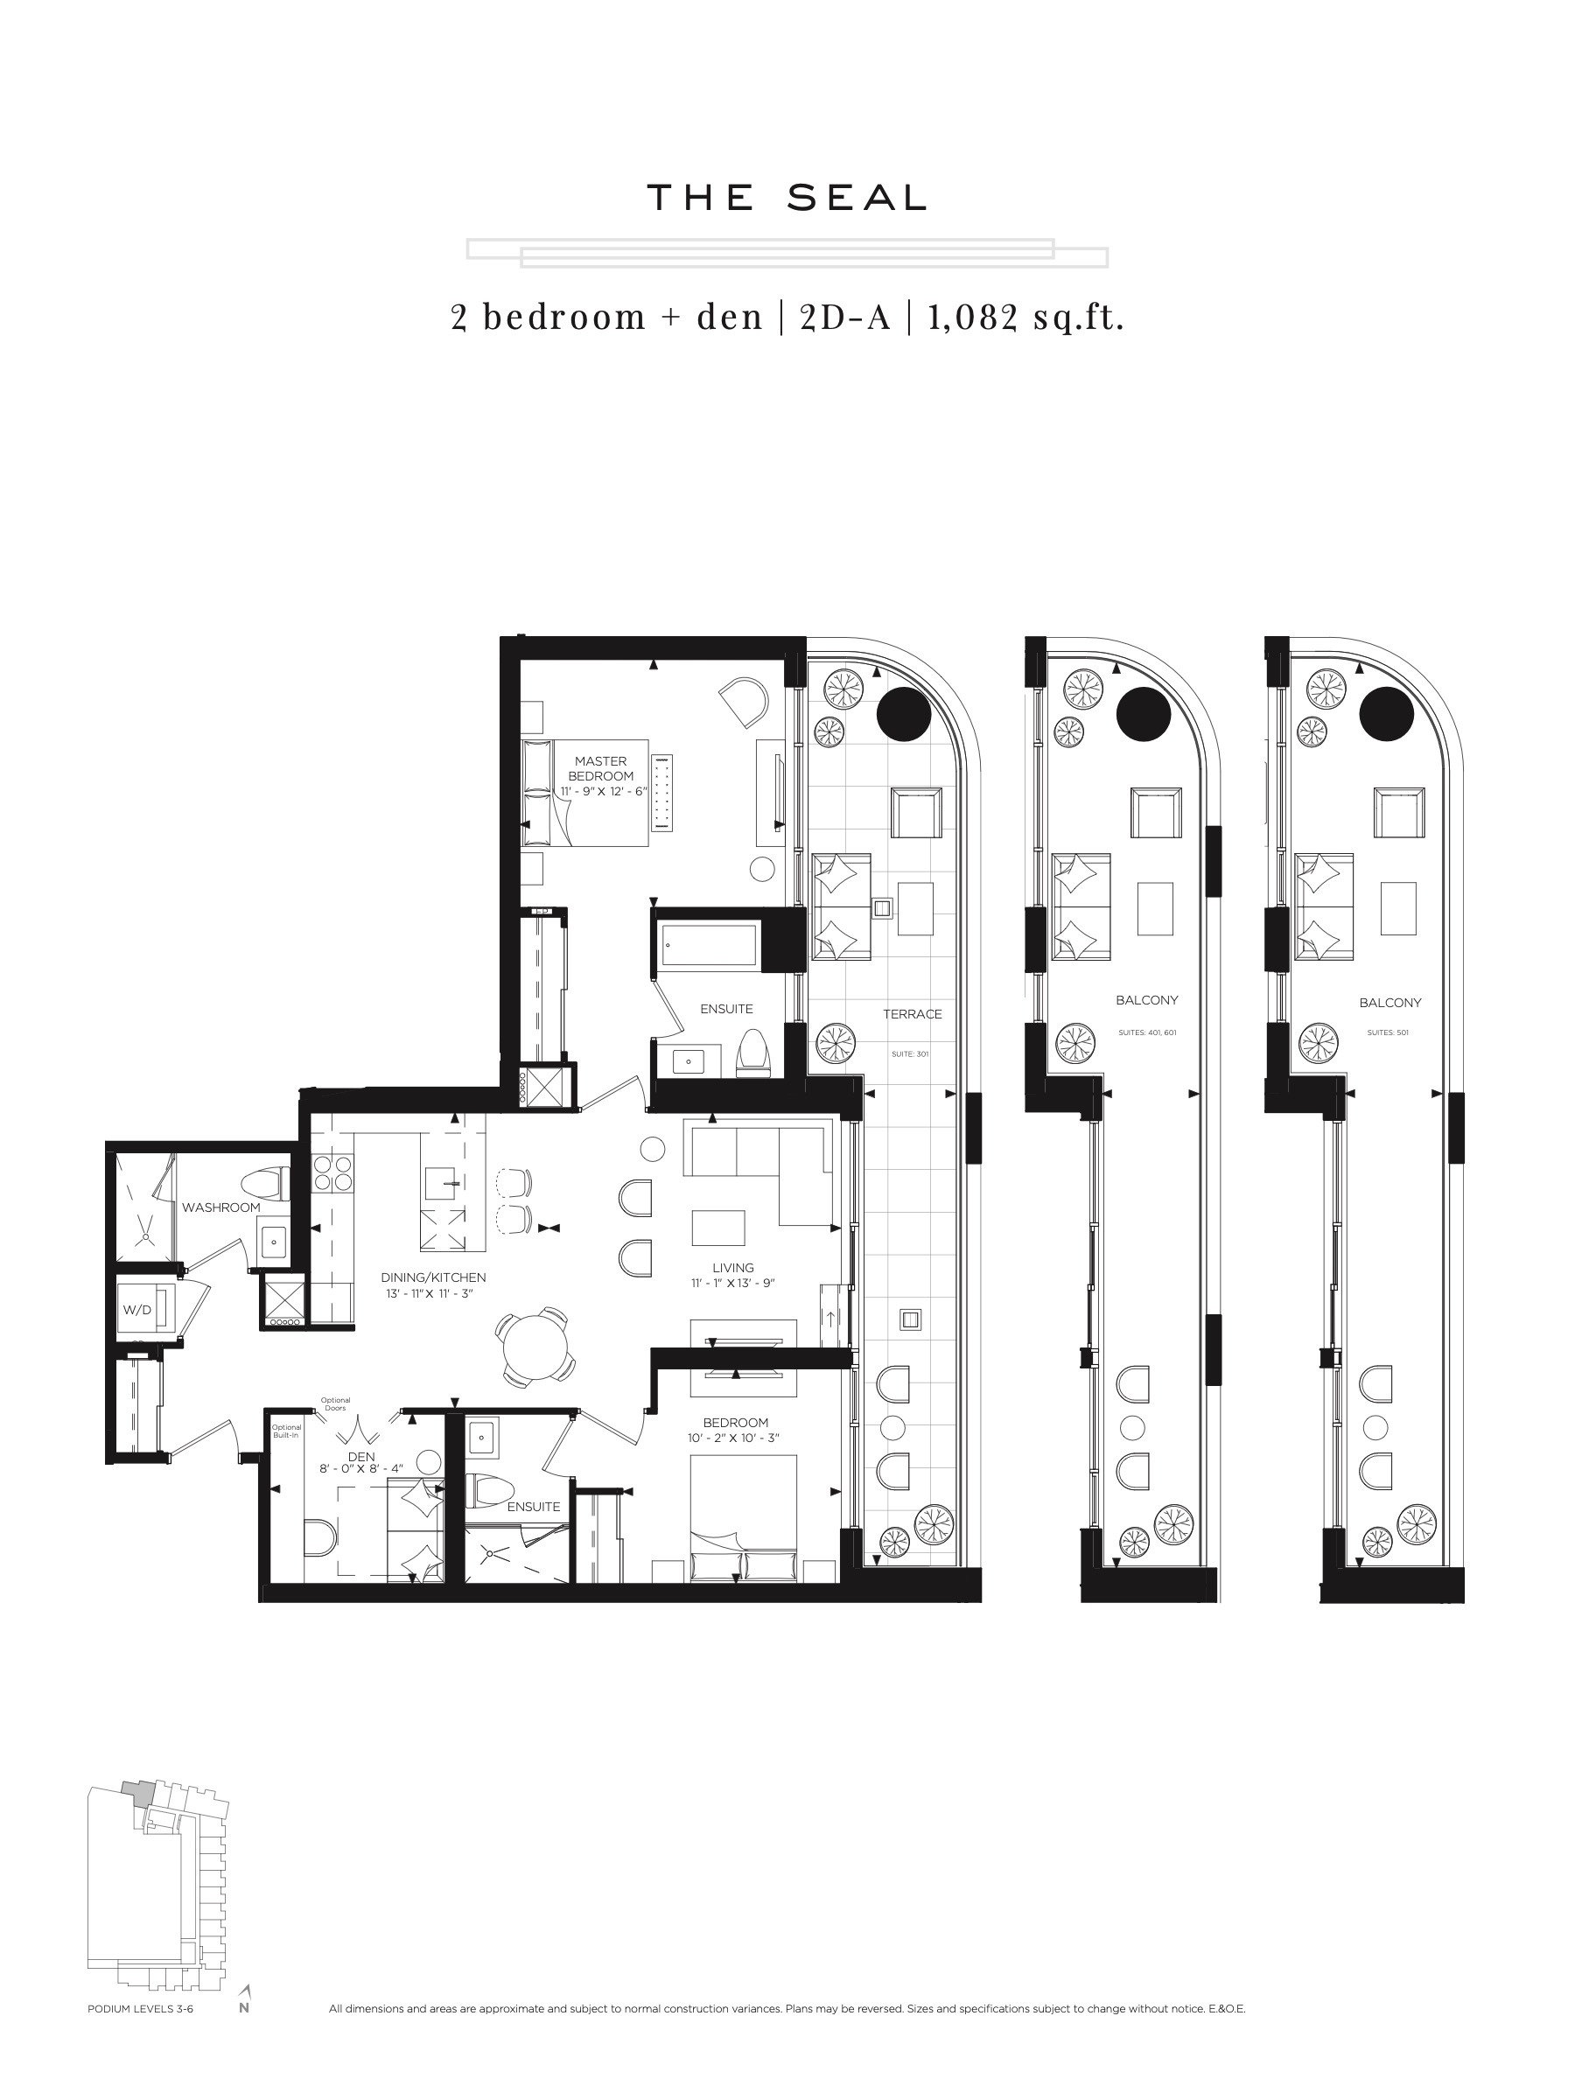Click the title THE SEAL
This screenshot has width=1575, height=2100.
pos(786,198)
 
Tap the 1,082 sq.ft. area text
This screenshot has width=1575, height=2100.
pos(1025,316)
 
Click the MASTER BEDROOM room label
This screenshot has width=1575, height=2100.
pos(600,768)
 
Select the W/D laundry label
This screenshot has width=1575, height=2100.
pos(136,1310)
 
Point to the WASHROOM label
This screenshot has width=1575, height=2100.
pos(221,1207)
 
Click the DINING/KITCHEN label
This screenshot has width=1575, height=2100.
pos(433,1277)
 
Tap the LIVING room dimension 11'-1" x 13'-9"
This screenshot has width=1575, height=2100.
pos(733,1284)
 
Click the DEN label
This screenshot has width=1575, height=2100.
pos(361,1456)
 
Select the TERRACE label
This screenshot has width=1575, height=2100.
pos(913,1014)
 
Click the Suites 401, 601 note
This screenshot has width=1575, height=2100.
pos(1147,1032)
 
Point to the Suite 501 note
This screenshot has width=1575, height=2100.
pos(1388,1032)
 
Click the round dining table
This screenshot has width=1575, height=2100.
pos(535,1347)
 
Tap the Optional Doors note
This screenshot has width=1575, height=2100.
pos(335,1404)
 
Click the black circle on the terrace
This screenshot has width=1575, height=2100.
pos(905,714)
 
